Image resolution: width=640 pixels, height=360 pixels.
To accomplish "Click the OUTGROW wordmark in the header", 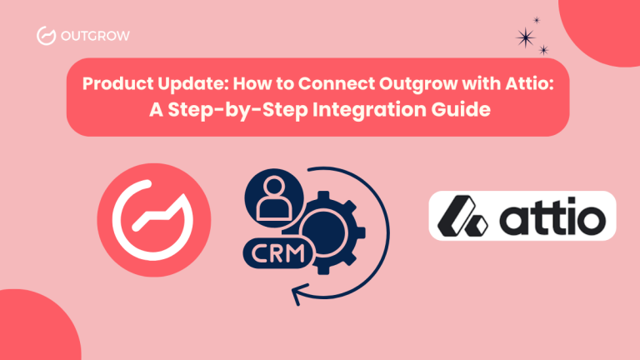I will [x=95, y=36].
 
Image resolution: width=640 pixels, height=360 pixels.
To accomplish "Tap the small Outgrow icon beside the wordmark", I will [x=47, y=36].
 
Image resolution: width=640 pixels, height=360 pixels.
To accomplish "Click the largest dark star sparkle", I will [x=526, y=37].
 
